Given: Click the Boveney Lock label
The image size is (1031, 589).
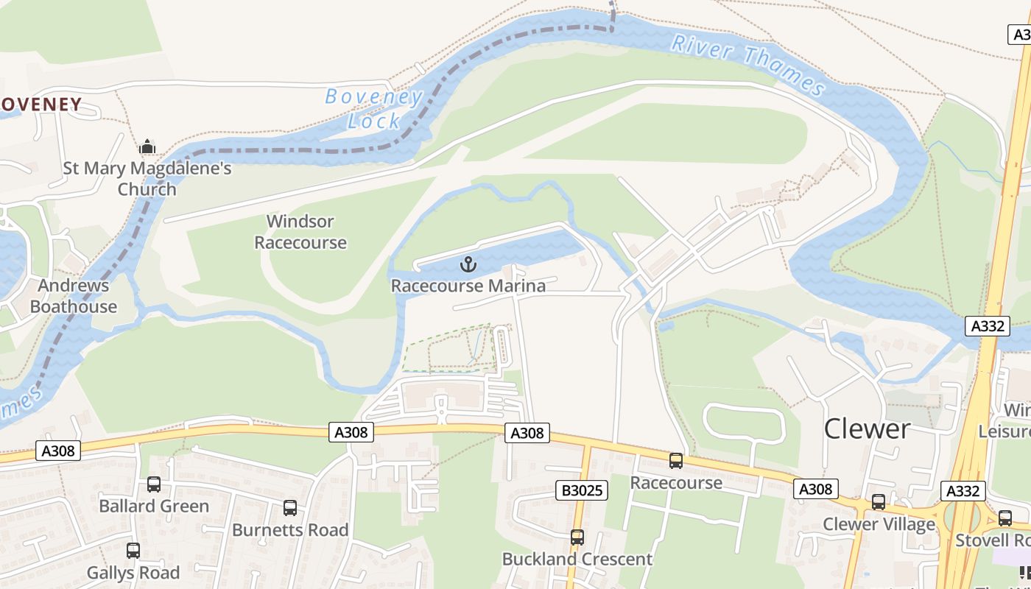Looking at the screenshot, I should [374, 108].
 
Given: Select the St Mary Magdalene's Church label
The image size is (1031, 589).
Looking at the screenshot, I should [147, 178].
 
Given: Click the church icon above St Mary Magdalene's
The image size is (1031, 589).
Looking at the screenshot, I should [147, 147].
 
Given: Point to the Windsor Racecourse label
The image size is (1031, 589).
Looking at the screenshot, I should [300, 232].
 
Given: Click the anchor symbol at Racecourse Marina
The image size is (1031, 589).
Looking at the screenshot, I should [468, 264].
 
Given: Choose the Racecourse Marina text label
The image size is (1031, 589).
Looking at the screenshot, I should [468, 286].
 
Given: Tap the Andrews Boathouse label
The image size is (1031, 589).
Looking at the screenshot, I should [74, 296].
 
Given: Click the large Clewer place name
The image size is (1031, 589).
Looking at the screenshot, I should [867, 428].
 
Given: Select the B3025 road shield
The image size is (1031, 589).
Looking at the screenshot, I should [581, 490].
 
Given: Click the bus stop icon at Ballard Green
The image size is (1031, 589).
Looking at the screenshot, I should [153, 484].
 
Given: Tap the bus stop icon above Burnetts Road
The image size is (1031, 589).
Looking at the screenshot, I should [290, 507].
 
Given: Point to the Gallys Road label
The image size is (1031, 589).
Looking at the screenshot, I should [133, 572].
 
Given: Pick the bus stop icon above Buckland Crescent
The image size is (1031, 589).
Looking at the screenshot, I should [577, 537].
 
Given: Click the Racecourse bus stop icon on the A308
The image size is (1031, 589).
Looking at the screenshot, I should [675, 461].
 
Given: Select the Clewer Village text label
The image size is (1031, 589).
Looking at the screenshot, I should [879, 524].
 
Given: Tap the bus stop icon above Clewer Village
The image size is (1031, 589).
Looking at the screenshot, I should [878, 502].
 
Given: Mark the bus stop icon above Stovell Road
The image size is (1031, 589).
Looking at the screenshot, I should [1004, 518].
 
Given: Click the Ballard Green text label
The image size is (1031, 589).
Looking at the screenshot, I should [154, 507].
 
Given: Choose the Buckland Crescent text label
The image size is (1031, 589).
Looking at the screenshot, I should [577, 560].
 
